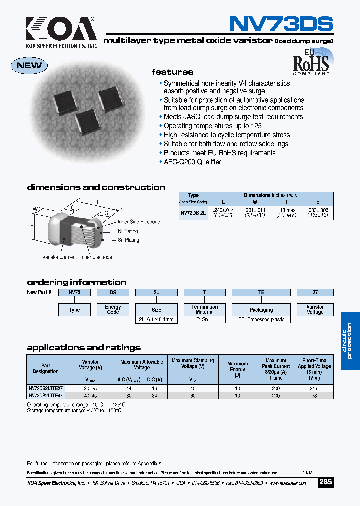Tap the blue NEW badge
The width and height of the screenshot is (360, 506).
tap(29, 65)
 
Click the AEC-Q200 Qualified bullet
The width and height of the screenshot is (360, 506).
tap(193, 162)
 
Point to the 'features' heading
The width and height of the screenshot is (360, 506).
tap(172, 72)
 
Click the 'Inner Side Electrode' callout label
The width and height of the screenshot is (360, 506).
tap(139, 222)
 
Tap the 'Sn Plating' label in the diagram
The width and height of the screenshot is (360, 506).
tap(128, 240)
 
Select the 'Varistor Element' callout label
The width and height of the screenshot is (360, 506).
tap(59, 257)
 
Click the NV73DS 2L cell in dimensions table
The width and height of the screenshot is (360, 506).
tap(193, 213)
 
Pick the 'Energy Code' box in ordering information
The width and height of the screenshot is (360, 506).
tap(113, 309)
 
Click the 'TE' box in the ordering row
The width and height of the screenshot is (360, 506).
tap(261, 292)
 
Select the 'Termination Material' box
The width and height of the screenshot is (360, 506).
tap(204, 309)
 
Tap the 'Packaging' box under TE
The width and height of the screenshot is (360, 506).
tap(261, 310)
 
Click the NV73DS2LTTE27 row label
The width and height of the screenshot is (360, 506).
tap(45, 388)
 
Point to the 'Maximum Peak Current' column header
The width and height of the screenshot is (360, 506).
tap(276, 369)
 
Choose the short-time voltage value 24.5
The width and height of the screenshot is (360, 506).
tap(315, 388)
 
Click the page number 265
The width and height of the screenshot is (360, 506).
tap(325, 483)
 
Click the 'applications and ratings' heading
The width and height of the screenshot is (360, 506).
tap(84, 348)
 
